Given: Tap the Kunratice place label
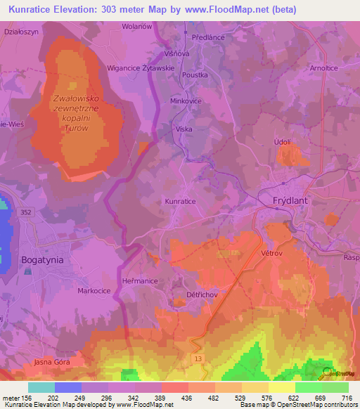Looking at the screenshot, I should [x=180, y=201].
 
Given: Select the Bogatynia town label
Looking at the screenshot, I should [x=42, y=259].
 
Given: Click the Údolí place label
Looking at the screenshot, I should [x=282, y=142].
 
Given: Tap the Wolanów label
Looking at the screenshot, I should [x=137, y=26].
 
